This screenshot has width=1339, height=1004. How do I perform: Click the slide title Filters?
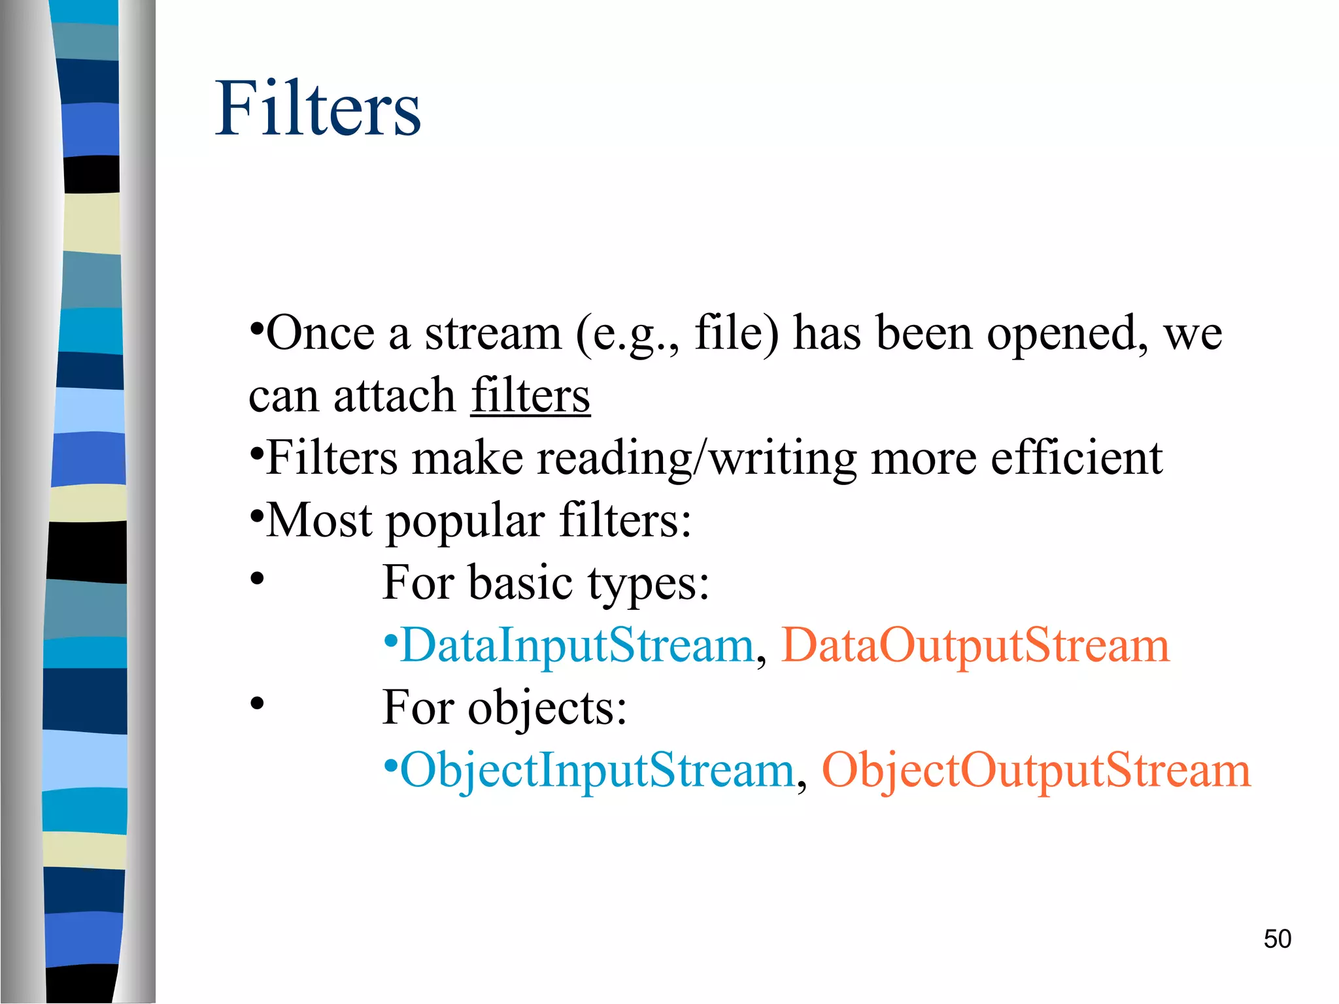point(318,109)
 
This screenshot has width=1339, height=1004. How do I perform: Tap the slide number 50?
point(1277,939)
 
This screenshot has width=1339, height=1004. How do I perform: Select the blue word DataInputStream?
point(577,645)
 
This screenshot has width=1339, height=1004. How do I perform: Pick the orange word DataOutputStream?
point(975,645)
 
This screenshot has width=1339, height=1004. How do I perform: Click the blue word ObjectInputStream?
point(597,770)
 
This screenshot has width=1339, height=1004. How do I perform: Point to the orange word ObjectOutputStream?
point(1036,770)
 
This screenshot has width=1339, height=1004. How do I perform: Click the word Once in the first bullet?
point(320,333)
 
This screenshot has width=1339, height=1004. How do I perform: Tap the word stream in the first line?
point(493,333)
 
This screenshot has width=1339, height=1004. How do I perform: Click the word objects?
point(547,708)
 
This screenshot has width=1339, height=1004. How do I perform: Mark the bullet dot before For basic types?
point(257,579)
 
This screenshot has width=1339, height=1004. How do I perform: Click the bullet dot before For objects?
point(257,704)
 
